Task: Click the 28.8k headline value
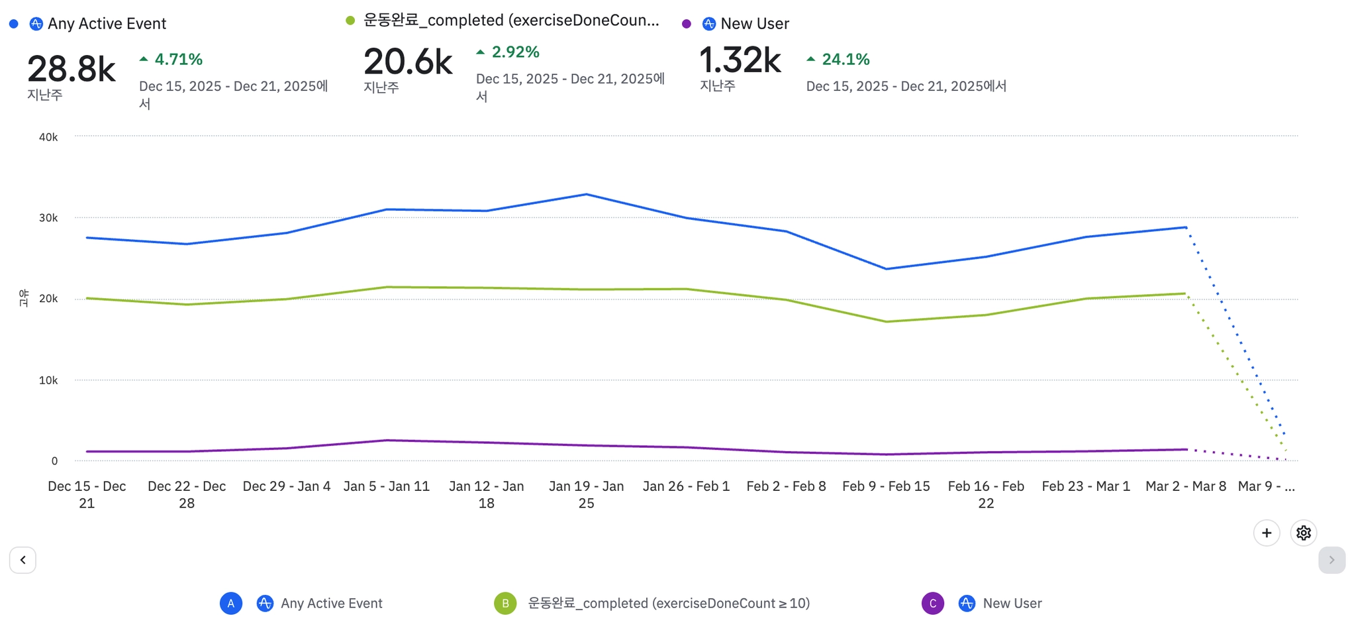72,69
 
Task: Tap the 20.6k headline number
408,62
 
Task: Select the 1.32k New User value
740,60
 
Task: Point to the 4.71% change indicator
171,60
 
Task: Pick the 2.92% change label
508,52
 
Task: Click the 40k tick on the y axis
48,137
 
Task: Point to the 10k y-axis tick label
48,380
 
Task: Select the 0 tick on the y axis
54,461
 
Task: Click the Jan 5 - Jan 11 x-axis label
387,486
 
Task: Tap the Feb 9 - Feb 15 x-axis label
886,486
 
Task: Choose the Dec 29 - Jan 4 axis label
287,486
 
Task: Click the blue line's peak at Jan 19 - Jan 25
586,194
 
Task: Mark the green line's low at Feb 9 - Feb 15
887,322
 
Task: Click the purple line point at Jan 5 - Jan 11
387,440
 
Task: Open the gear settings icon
1303,533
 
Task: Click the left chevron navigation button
23,560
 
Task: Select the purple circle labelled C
933,604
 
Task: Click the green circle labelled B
505,604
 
